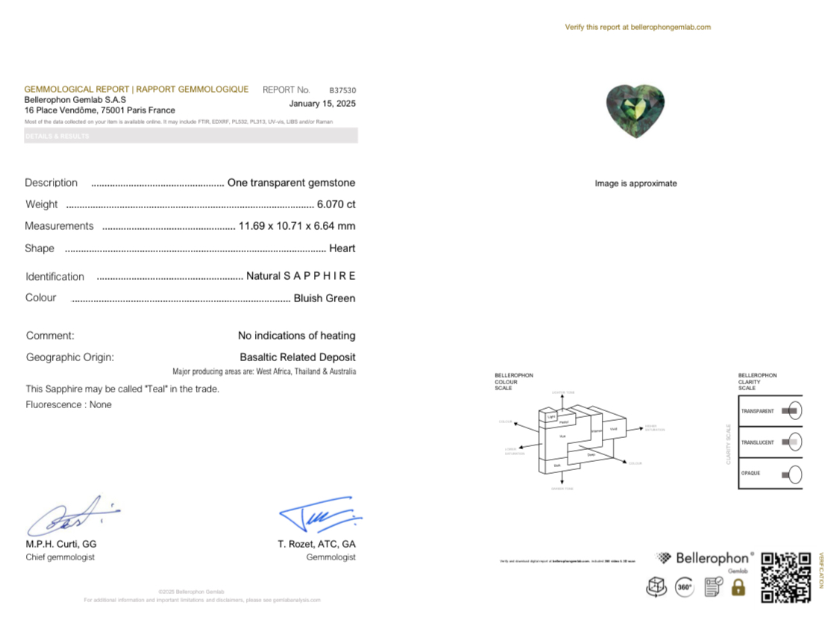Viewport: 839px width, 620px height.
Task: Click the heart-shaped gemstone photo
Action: (635, 111)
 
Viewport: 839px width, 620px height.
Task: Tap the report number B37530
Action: (342, 90)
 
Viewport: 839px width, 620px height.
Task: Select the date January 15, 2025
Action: (322, 104)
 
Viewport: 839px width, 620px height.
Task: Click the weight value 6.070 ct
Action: (336, 204)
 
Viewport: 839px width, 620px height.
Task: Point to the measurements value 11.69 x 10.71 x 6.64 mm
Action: (297, 226)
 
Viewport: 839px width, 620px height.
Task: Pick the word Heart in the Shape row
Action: (342, 248)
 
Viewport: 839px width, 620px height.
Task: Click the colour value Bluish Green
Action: (324, 298)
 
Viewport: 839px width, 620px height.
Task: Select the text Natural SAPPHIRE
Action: (301, 276)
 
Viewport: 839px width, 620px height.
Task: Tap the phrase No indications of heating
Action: (296, 336)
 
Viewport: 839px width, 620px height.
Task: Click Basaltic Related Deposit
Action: (298, 357)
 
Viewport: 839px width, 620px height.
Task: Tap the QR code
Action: (785, 577)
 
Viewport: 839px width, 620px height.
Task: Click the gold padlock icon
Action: (738, 587)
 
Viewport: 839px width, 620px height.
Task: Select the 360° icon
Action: (684, 587)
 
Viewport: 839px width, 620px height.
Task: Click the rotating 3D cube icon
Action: (656, 587)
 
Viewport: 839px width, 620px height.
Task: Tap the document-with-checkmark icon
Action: (713, 587)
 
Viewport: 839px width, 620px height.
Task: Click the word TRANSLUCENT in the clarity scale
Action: (757, 442)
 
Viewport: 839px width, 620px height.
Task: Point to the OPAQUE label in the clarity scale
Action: (750, 474)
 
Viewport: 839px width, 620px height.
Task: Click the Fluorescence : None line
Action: (69, 405)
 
